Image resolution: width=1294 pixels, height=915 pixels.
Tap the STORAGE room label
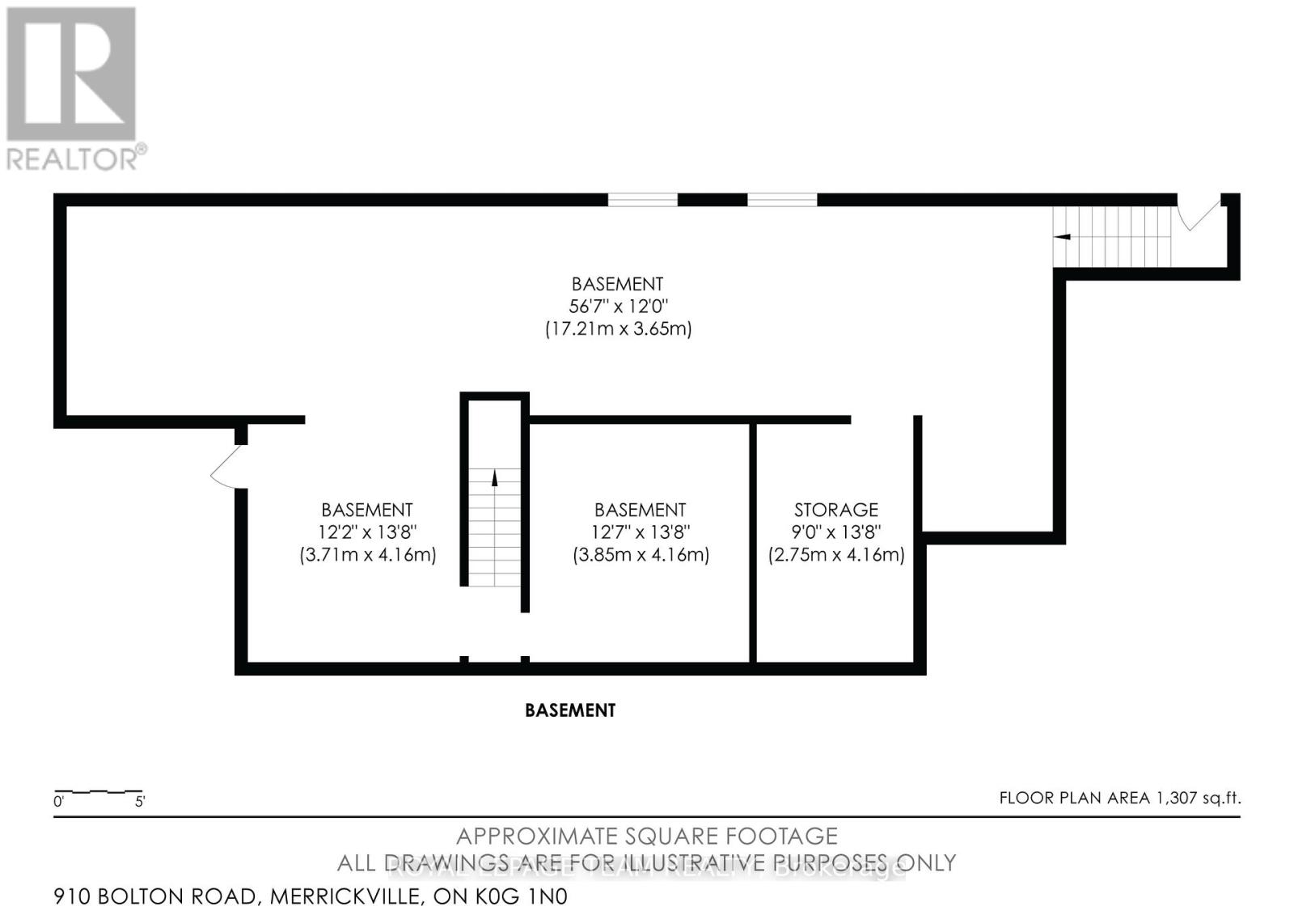click(x=835, y=510)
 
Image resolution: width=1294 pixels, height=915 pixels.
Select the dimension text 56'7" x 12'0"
click(x=617, y=307)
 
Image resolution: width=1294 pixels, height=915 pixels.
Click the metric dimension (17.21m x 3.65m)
click(x=618, y=329)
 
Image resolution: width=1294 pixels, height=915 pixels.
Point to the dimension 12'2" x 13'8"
click(x=367, y=532)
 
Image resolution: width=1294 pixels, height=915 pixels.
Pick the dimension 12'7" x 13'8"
click(x=640, y=532)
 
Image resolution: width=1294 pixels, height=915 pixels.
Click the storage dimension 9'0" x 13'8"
click(x=835, y=532)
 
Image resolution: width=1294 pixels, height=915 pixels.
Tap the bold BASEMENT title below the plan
click(x=570, y=710)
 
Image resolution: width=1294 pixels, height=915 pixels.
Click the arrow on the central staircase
click(x=494, y=477)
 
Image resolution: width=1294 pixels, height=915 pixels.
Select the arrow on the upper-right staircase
click(x=1062, y=236)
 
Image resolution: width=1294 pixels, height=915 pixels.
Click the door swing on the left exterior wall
click(x=226, y=467)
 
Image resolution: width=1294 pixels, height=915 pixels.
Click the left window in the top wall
click(x=643, y=200)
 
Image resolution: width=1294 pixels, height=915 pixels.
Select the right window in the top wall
click(x=782, y=200)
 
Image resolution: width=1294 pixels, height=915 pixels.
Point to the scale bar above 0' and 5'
click(x=98, y=790)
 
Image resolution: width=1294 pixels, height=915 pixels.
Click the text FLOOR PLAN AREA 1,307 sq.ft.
click(x=1119, y=799)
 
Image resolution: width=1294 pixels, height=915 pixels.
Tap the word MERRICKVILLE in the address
click(x=346, y=896)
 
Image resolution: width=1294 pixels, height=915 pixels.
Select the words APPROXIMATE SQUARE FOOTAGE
click(x=647, y=837)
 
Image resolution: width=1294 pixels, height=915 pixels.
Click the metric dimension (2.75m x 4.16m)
click(x=835, y=555)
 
